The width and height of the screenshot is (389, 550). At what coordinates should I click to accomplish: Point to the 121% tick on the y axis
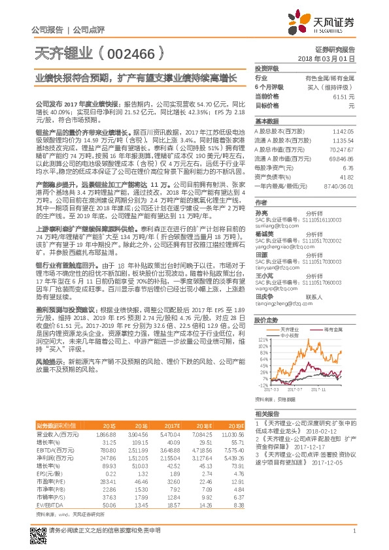(x=263, y=340)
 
